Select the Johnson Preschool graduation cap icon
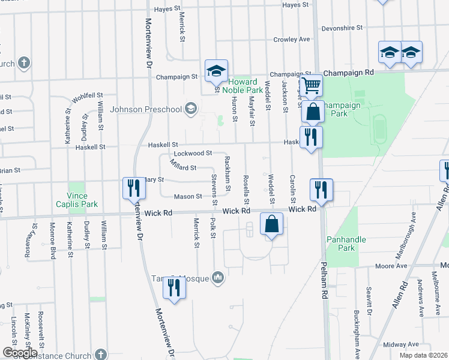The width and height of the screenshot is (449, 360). coord(191,109)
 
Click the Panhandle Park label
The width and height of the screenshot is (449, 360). coord(342,244)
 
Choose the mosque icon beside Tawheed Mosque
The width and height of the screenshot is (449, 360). coord(218,277)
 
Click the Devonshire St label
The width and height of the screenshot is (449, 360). coord(342,28)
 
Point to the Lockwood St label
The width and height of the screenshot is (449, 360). coord(193,154)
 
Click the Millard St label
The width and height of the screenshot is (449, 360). coord(183,167)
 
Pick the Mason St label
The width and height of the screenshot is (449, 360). coord(187,196)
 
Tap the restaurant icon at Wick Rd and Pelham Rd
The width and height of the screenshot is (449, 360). coord(321,190)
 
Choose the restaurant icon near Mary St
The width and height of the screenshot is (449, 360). coord(133,188)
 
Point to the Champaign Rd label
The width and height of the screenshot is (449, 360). coord(348,72)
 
